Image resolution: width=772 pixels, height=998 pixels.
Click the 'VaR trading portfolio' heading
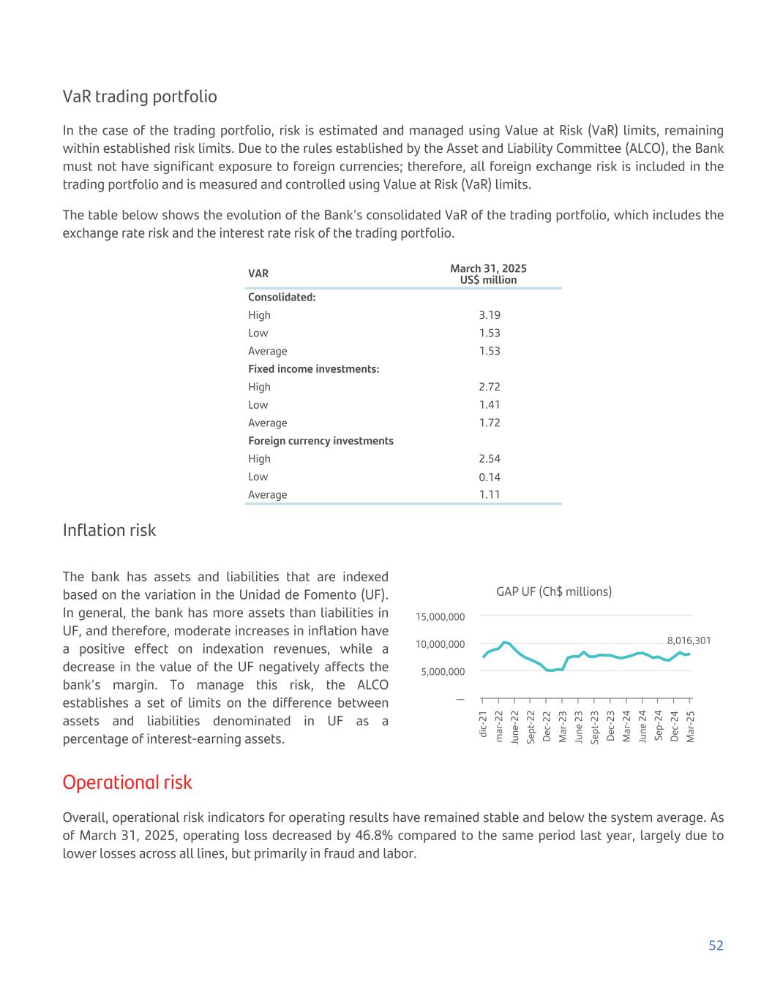[140, 97]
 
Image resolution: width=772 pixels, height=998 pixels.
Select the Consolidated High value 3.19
[490, 315]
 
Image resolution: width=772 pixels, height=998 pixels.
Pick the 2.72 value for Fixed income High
[490, 387]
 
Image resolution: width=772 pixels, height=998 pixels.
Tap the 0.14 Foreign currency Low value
[490, 477]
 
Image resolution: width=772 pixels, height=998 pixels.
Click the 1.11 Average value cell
[490, 495]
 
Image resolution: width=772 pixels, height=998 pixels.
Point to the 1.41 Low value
[490, 405]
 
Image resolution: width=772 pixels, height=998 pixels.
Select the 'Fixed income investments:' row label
[313, 369]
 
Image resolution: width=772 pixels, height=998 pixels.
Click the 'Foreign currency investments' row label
[321, 441]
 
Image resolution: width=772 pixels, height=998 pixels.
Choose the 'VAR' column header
[258, 273]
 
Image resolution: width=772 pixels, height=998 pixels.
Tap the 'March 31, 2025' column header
[488, 269]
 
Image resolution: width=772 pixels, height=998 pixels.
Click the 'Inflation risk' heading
[109, 530]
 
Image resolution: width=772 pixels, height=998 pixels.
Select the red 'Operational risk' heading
[127, 782]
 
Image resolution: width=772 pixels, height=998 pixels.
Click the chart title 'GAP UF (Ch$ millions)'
[554, 591]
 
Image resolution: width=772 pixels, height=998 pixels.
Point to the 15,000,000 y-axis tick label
[441, 617]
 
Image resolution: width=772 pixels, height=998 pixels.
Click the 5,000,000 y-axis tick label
[443, 672]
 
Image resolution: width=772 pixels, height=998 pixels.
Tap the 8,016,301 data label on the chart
[689, 640]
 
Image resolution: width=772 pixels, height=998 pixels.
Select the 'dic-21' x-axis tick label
[483, 724]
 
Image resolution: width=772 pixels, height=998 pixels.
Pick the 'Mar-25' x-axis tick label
[690, 726]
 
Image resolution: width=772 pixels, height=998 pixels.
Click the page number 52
[715, 945]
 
